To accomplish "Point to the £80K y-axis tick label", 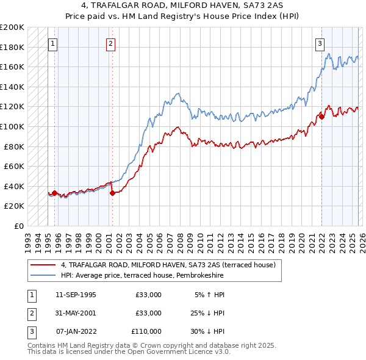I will pos(15,146).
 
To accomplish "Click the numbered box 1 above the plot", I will pos(53,43).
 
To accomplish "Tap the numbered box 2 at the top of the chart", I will pos(110,43).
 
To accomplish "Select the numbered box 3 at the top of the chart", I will pos(320,43).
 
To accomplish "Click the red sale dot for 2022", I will pos(321,117).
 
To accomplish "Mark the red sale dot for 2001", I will pos(112,193).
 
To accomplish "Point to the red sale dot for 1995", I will pos(55,193).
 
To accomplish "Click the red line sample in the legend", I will pos(43,265).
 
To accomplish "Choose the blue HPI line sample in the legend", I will pos(43,275).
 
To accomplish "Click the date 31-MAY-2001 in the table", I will pos(75,313).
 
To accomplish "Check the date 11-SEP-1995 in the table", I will pos(75,295).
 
